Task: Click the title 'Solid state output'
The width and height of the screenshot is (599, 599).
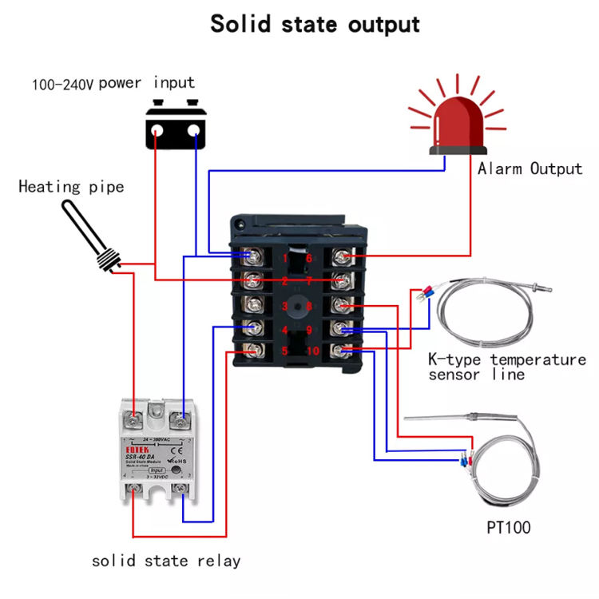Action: click(x=315, y=24)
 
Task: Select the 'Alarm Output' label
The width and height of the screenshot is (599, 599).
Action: click(x=530, y=169)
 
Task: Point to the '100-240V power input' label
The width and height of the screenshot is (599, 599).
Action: click(x=113, y=83)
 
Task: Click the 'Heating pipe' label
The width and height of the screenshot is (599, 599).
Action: click(x=71, y=187)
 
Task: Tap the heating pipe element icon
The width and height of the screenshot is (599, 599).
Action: click(x=88, y=236)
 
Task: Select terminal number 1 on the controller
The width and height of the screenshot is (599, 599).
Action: click(x=285, y=257)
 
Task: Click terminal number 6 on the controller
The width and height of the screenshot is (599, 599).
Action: click(x=308, y=257)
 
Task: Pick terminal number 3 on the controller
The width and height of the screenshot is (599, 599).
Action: click(x=285, y=306)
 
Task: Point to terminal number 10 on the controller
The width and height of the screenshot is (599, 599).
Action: click(x=311, y=351)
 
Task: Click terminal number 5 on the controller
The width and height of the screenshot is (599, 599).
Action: click(x=285, y=351)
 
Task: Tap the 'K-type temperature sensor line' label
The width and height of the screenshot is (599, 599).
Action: click(x=507, y=367)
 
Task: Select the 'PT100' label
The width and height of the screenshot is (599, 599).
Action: click(x=508, y=527)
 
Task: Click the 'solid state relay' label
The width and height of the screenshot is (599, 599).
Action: click(x=166, y=561)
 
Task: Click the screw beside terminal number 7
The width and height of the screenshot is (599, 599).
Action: click(x=343, y=280)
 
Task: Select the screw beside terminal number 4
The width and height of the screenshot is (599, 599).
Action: click(x=253, y=328)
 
